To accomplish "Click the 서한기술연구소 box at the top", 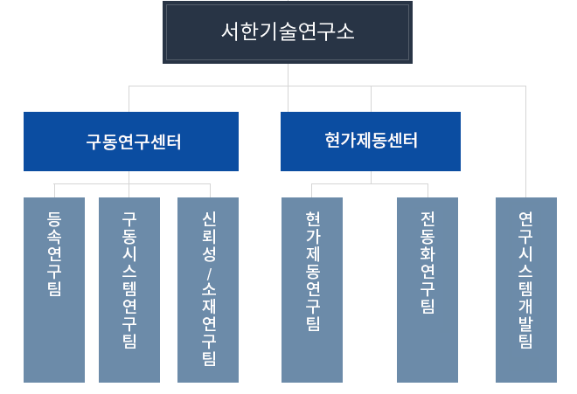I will tap(288, 32).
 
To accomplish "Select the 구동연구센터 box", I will tap(131, 141).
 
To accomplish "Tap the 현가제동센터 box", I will tap(370, 141).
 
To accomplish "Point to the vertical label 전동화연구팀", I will tap(428, 262).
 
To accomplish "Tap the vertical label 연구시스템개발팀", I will tap(525, 280).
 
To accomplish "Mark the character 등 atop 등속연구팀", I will tap(54, 219).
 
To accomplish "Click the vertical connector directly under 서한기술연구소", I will tap(288, 75).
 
